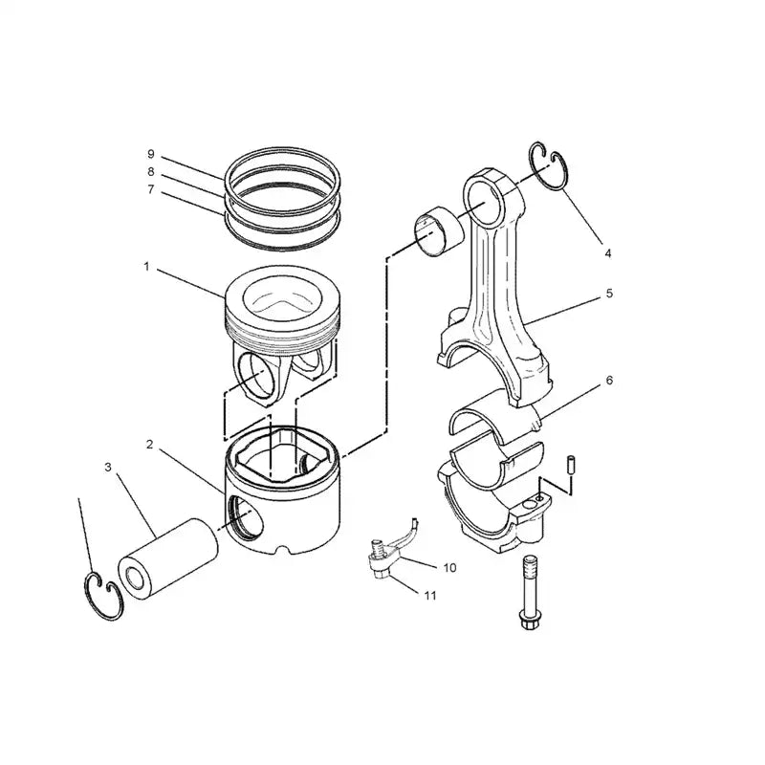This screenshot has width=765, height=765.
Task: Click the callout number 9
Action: (x=150, y=154)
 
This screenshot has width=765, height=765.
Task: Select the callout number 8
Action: (x=150, y=171)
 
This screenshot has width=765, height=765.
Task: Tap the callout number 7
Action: (x=150, y=189)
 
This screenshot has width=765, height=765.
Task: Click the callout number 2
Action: (x=150, y=445)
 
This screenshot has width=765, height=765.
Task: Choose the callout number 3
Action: (x=108, y=467)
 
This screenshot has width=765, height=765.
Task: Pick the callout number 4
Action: (x=607, y=253)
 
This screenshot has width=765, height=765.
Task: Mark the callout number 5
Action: (x=609, y=295)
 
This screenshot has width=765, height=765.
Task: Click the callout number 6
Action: (x=609, y=380)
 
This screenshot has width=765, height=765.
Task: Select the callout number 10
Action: (x=449, y=567)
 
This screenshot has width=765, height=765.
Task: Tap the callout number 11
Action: (x=430, y=595)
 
